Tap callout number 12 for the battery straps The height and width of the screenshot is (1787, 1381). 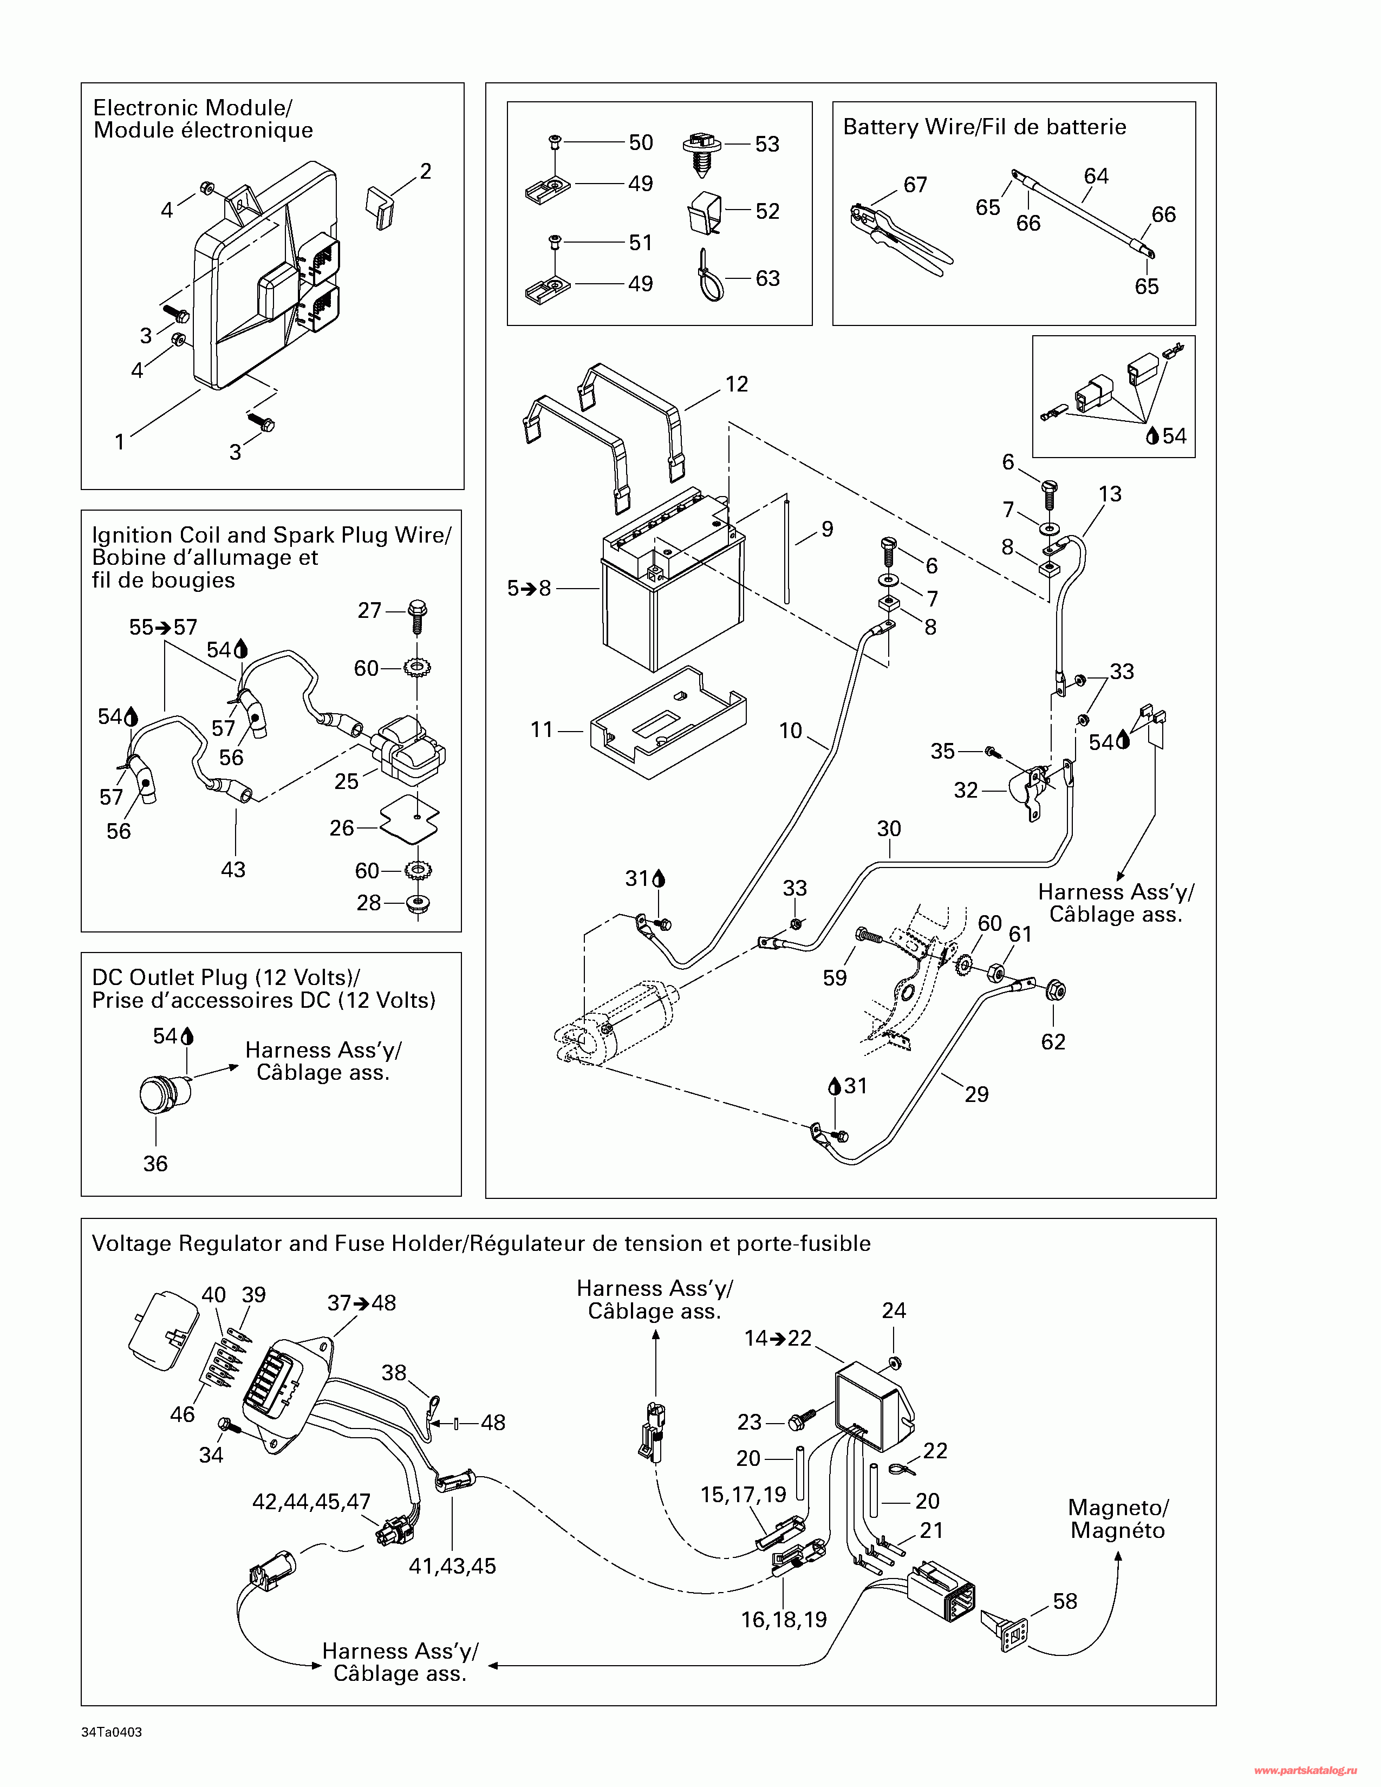[x=737, y=384]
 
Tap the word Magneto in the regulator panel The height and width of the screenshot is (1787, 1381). [x=1118, y=1507]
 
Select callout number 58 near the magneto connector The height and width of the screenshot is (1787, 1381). [x=1064, y=1601]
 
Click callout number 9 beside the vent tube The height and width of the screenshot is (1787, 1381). [x=827, y=530]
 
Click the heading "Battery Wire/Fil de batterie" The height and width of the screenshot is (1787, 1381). [x=984, y=127]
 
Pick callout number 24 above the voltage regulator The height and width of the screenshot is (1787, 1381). [x=894, y=1310]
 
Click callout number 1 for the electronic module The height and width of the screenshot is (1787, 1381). [x=120, y=442]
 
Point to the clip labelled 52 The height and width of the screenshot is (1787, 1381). [x=705, y=213]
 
